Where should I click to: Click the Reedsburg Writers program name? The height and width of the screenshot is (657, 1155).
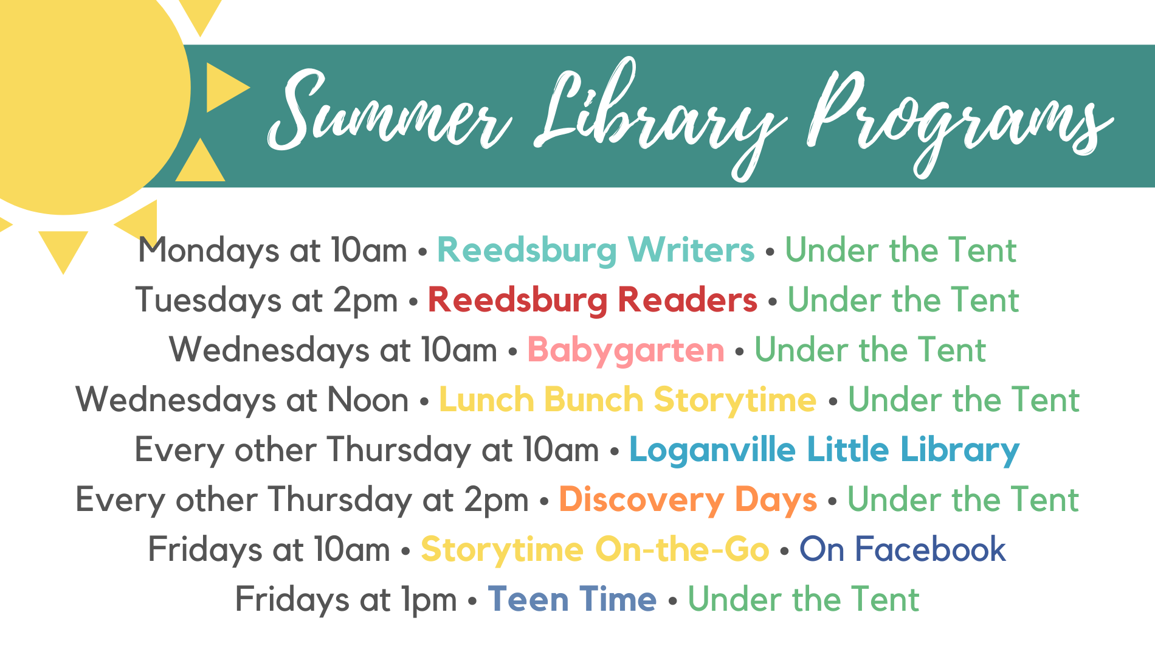click(x=596, y=250)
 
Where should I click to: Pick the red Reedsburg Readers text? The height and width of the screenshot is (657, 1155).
click(x=593, y=300)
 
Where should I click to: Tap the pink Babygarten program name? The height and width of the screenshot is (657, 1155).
click(x=626, y=350)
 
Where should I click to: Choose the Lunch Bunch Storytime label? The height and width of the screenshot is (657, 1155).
click(x=628, y=400)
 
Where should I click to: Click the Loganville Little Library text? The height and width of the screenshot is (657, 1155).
click(x=824, y=450)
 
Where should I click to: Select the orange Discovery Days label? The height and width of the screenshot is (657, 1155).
click(x=688, y=499)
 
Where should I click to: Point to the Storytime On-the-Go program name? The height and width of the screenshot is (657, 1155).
click(x=595, y=549)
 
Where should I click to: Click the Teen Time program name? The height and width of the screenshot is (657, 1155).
click(x=572, y=599)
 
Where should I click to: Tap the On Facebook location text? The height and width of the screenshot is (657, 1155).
click(x=903, y=549)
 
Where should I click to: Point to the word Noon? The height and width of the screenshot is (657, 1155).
click(x=368, y=400)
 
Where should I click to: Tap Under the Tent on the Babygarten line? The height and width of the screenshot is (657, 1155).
click(x=870, y=350)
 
